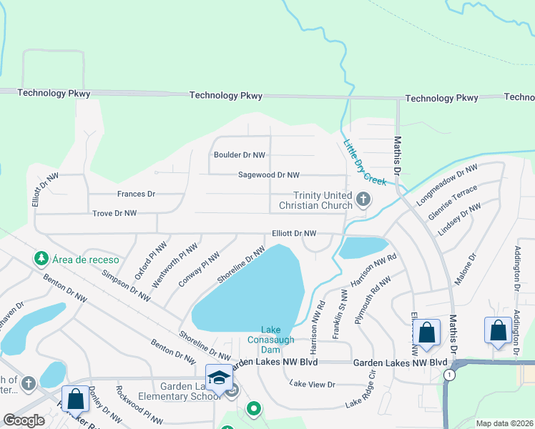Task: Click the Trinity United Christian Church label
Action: (323, 201)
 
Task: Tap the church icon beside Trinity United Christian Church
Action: (363, 199)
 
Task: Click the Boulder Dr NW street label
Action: (240, 154)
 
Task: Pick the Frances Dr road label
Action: (136, 194)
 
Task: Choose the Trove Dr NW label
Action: (114, 213)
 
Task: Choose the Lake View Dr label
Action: (312, 384)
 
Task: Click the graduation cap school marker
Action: (219, 378)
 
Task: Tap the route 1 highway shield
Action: (448, 375)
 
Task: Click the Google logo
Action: (24, 420)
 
